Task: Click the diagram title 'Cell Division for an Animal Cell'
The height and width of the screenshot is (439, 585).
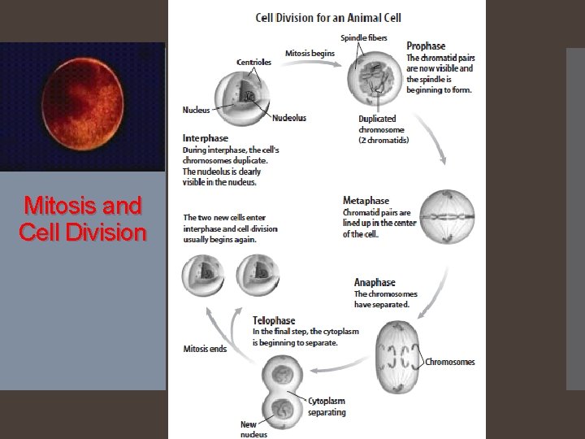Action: click(x=328, y=17)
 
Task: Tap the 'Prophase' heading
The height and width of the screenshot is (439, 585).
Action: click(x=426, y=46)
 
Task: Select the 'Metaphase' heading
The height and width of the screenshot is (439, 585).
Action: click(x=366, y=201)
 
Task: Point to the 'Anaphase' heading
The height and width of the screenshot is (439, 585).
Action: click(x=375, y=282)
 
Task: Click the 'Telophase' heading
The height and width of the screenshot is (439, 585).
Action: click(x=274, y=320)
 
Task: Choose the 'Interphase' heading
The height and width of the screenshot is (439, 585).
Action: click(x=206, y=138)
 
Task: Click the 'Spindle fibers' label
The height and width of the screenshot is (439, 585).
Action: click(x=364, y=37)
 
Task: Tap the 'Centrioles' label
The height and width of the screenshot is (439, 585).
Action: click(x=254, y=62)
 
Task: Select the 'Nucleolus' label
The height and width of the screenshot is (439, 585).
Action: click(x=289, y=118)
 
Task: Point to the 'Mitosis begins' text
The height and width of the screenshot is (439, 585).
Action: click(x=310, y=54)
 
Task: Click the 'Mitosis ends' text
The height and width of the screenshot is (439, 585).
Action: click(x=205, y=349)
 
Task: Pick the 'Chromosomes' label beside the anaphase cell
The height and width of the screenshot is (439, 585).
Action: click(x=450, y=362)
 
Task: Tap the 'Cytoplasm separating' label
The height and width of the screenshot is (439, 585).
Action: click(x=327, y=406)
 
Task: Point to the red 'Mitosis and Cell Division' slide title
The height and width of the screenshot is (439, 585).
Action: click(x=83, y=218)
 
